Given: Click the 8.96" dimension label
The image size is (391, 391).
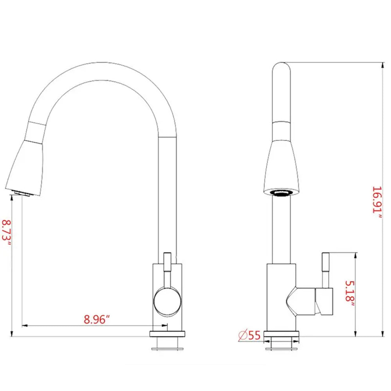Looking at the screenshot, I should click(x=96, y=319).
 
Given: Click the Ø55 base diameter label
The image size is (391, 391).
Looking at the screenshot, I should click(x=249, y=335).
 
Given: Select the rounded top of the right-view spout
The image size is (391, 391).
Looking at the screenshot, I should click(x=282, y=70).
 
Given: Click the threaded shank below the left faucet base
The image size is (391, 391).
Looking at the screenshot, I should click(x=167, y=344).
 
